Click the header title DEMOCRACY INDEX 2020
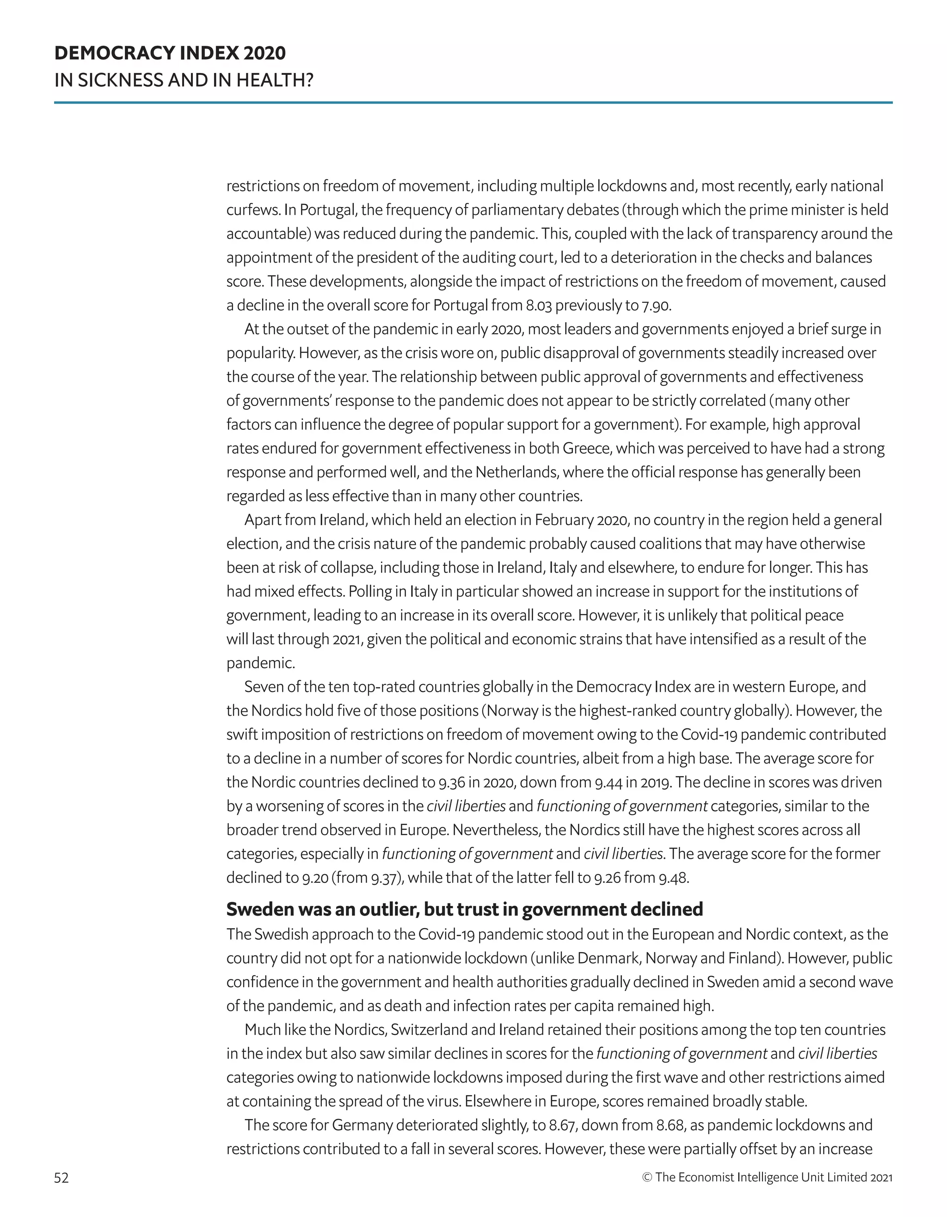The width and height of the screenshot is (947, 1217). pyautogui.click(x=170, y=53)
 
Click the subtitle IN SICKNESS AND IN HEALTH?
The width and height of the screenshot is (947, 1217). pyautogui.click(x=184, y=81)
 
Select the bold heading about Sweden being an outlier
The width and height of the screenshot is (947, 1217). pyautogui.click(x=464, y=909)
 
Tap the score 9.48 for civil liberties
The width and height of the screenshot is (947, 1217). pyautogui.click(x=673, y=878)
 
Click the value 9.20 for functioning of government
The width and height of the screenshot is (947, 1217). pyautogui.click(x=315, y=878)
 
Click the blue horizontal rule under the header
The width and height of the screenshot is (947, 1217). pyautogui.click(x=473, y=103)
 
